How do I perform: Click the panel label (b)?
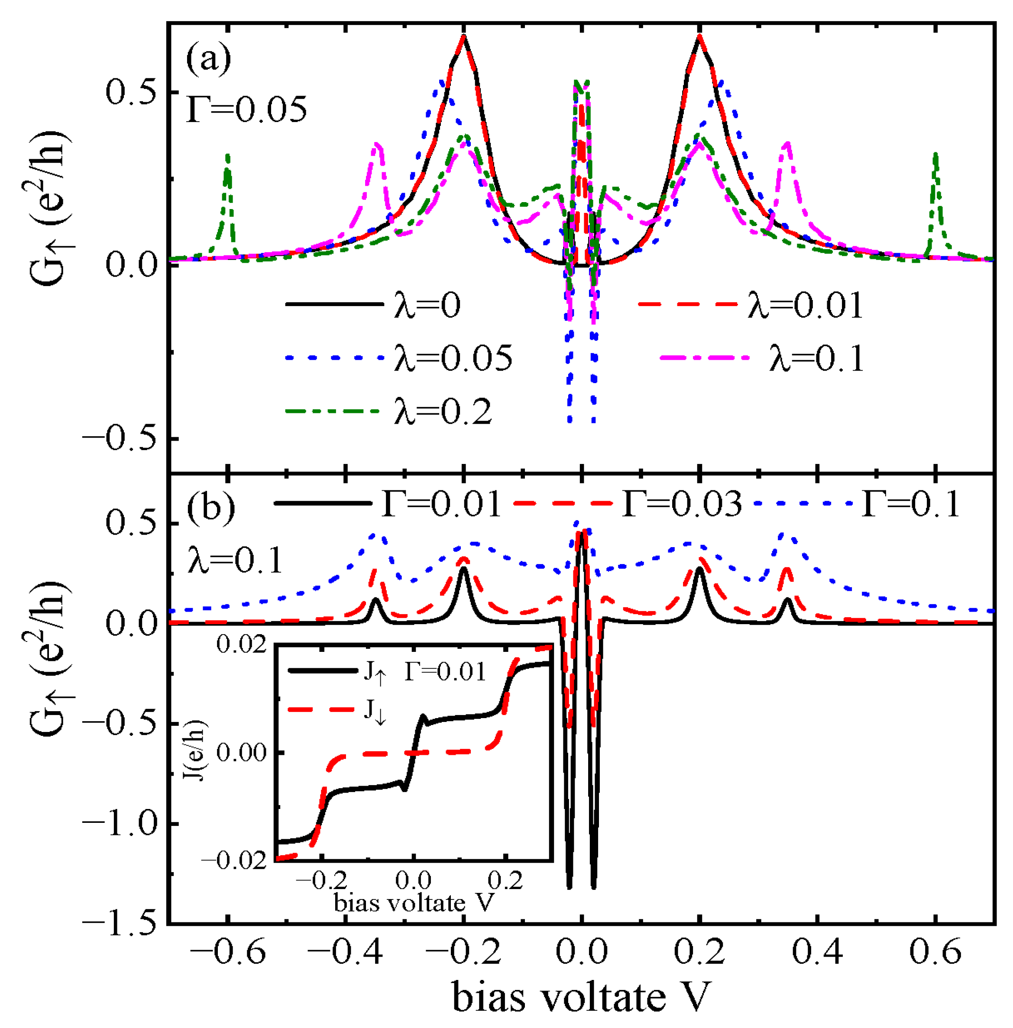pyautogui.click(x=210, y=506)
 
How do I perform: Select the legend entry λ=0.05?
pyautogui.click(x=453, y=358)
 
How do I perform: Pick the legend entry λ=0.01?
pyautogui.click(x=804, y=305)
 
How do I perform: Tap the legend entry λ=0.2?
pyautogui.click(x=443, y=411)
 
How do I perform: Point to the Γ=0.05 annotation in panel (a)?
pyautogui.click(x=246, y=109)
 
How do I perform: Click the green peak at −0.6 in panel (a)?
pyautogui.click(x=228, y=156)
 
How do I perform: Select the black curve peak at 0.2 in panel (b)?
pyautogui.click(x=699, y=568)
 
